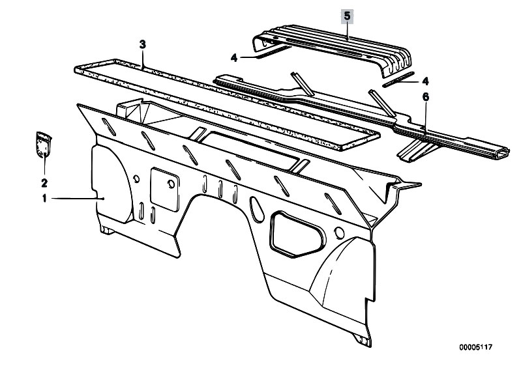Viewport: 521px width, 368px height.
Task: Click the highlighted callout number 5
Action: (347, 16)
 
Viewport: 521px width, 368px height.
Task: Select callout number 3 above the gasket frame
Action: (143, 44)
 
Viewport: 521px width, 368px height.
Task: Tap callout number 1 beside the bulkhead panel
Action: (44, 199)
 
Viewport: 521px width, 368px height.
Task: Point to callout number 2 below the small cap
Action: (44, 183)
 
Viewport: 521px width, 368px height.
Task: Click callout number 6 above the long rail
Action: (426, 97)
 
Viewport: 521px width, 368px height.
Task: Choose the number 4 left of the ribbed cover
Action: (234, 58)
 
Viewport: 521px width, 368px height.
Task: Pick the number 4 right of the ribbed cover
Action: (425, 81)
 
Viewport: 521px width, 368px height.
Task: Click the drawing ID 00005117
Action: (475, 347)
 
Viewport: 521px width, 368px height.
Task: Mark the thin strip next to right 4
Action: (398, 79)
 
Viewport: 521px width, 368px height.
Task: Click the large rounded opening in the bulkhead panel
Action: (297, 234)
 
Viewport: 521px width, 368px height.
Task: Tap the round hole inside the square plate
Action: (171, 184)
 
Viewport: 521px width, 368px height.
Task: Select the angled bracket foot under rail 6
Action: (416, 150)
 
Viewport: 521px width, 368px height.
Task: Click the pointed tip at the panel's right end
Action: (421, 184)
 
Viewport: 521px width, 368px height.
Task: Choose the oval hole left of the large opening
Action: (256, 210)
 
